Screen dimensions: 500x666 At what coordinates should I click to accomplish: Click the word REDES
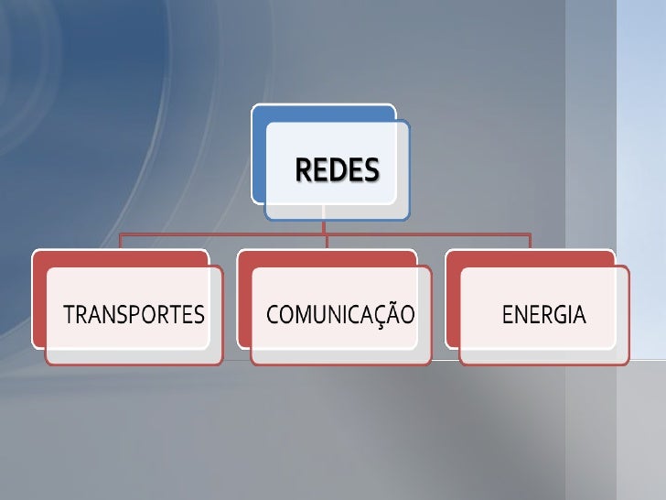coord(336,170)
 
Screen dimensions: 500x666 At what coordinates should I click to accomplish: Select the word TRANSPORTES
coord(134,316)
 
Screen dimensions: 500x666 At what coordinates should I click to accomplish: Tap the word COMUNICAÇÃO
coord(340,316)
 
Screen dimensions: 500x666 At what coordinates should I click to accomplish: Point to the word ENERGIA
coord(544,316)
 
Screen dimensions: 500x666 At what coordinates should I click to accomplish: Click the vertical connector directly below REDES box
coord(324,227)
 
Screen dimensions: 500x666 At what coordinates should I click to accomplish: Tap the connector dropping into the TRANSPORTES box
coord(120,242)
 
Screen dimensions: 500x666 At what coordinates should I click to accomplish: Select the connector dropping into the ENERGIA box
coord(530,242)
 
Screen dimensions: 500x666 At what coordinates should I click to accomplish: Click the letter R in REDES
coord(302,170)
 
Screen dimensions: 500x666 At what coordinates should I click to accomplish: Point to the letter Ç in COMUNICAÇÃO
coord(380,317)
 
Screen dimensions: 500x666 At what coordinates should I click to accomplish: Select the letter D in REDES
coord(335,170)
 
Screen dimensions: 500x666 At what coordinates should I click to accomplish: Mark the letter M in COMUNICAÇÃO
coord(305,316)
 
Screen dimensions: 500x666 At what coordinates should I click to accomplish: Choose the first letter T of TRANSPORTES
coord(67,316)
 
